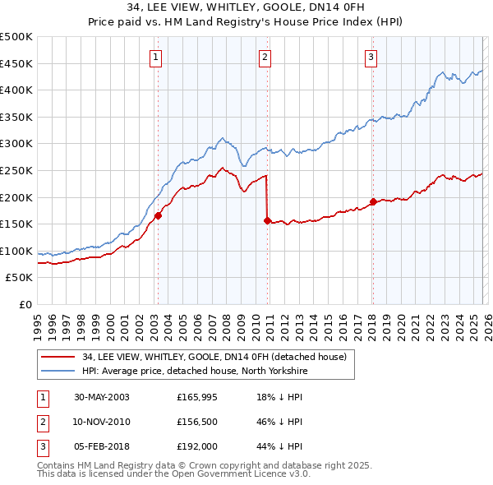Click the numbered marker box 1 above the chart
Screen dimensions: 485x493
pyautogui.click(x=155, y=57)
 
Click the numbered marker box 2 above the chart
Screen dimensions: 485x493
pyautogui.click(x=265, y=57)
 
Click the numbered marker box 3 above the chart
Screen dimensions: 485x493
pyautogui.click(x=371, y=57)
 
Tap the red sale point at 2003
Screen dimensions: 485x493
pyautogui.click(x=159, y=215)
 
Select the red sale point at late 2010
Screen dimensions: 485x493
pyautogui.click(x=267, y=220)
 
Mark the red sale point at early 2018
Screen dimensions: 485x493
pyautogui.click(x=372, y=201)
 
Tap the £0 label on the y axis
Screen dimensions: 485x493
pyautogui.click(x=25, y=304)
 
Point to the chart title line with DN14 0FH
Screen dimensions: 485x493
pyautogui.click(x=246, y=10)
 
